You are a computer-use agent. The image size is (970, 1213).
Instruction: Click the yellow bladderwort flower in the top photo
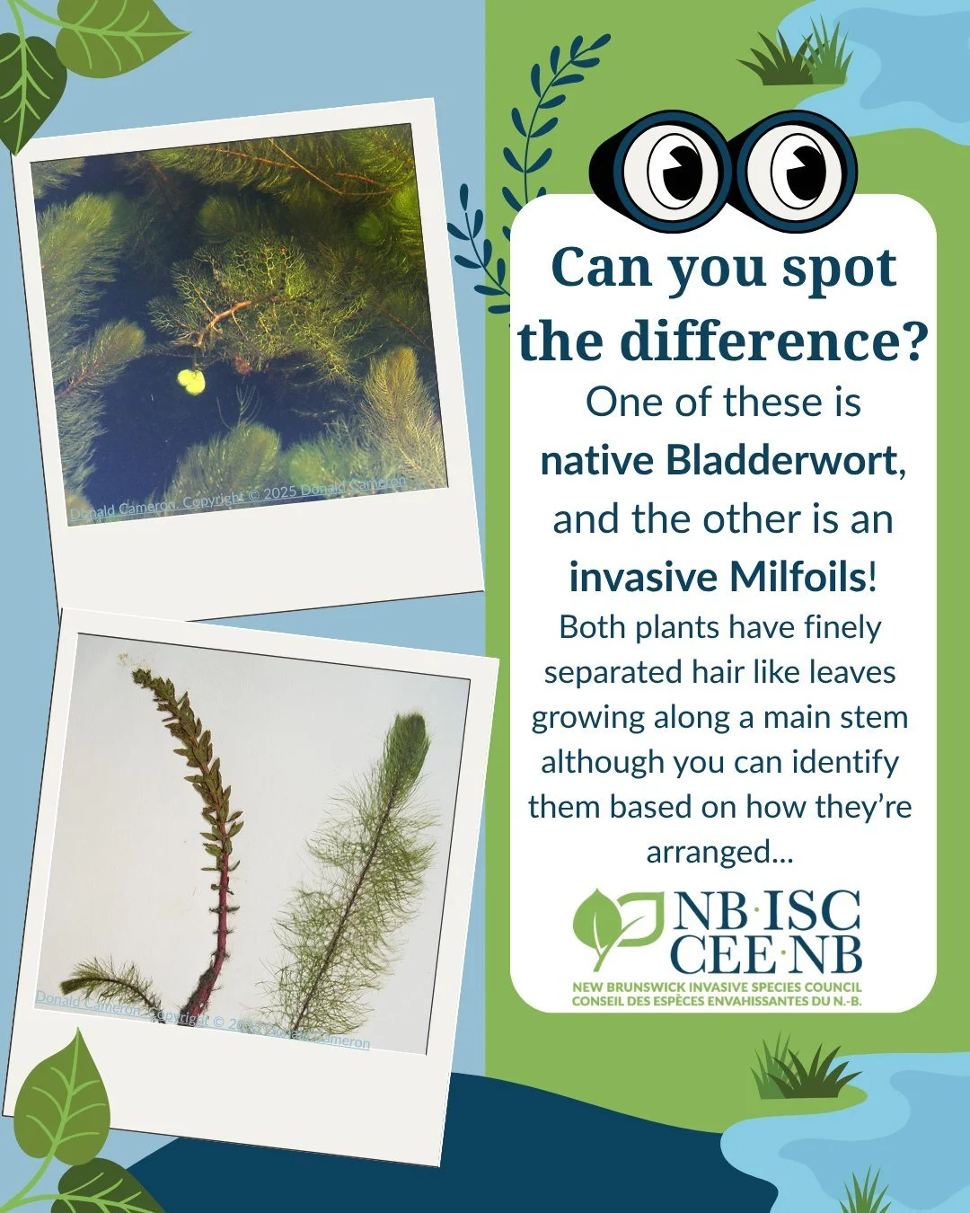click(x=191, y=382)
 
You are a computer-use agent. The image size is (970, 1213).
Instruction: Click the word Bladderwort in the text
click(x=781, y=460)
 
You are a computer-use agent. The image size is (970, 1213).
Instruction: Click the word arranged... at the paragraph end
click(x=719, y=851)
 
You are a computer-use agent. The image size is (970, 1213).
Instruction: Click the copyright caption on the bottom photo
click(x=202, y=1019)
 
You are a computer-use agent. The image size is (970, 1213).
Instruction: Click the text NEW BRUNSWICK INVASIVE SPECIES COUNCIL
click(x=717, y=987)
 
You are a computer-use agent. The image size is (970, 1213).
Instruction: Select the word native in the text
click(x=597, y=460)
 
